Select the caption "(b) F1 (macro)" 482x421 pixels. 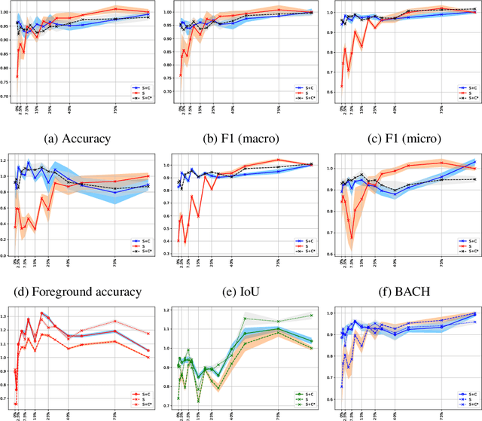[240, 138]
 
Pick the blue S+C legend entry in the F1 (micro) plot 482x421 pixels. [465, 87]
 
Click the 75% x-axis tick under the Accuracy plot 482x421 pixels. [115, 108]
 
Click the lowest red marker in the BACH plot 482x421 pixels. [351, 237]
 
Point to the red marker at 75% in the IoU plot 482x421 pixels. [278, 160]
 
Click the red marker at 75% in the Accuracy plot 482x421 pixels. [115, 9]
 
